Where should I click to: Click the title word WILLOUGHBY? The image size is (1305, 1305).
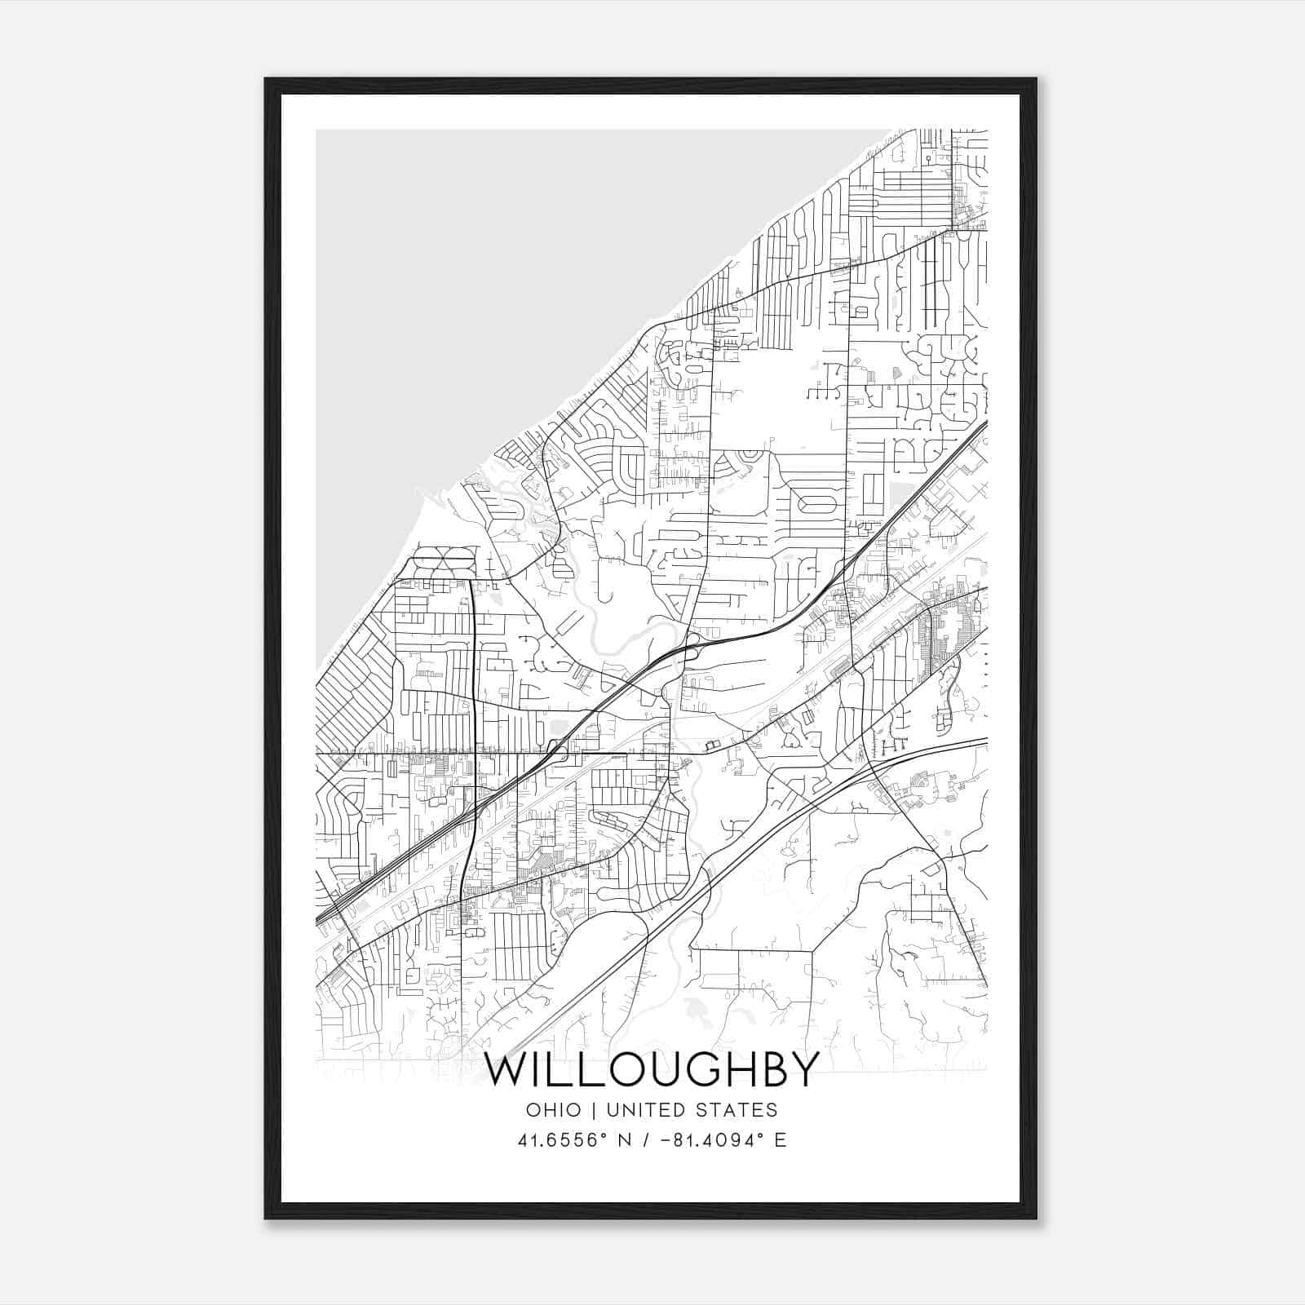pos(652,1069)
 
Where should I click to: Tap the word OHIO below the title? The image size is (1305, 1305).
pos(553,1110)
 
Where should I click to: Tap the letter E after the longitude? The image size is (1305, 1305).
pos(781,1140)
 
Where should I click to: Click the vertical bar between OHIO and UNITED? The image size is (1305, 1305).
pos(591,1110)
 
